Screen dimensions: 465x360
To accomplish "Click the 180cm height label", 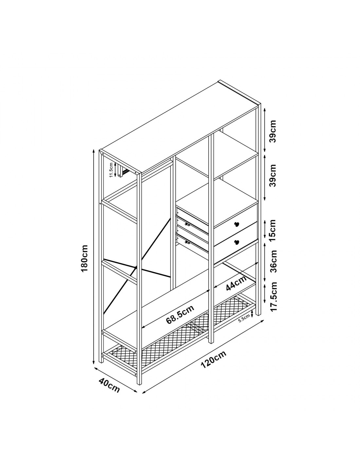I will tap(84, 258).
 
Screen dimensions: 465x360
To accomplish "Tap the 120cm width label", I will tap(214, 360).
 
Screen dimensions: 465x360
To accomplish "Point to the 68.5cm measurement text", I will tap(180, 314).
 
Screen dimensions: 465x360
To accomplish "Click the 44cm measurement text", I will tap(236, 283).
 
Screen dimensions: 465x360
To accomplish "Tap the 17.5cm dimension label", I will tap(272, 296).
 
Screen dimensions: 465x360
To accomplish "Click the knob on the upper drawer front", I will tap(237, 224).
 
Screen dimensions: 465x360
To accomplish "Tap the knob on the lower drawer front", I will tap(237, 242).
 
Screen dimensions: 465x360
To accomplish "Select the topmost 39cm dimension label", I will tap(272, 131).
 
